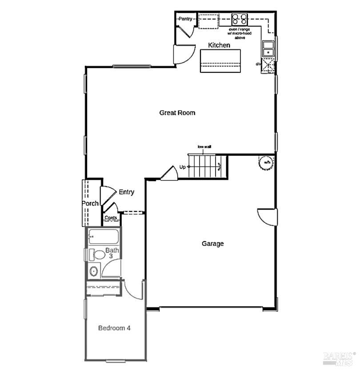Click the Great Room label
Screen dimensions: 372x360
[x=177, y=113]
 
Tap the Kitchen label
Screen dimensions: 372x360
[x=220, y=45]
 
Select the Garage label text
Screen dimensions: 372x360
[x=213, y=244]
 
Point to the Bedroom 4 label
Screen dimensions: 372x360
[x=114, y=328]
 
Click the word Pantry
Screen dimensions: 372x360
[x=185, y=19]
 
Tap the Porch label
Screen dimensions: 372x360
[x=90, y=204]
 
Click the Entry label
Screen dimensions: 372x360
[x=126, y=192]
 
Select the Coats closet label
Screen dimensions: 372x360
[x=111, y=218]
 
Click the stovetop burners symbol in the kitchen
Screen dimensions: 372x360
[x=240, y=19]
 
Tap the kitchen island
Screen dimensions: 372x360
[x=221, y=61]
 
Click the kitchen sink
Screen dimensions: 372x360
[x=268, y=48]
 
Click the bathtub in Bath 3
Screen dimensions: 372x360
[x=104, y=237]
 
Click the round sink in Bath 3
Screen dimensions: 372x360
[x=93, y=271]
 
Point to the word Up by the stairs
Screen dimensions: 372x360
[x=182, y=167]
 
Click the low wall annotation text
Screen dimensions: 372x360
[x=204, y=146]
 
